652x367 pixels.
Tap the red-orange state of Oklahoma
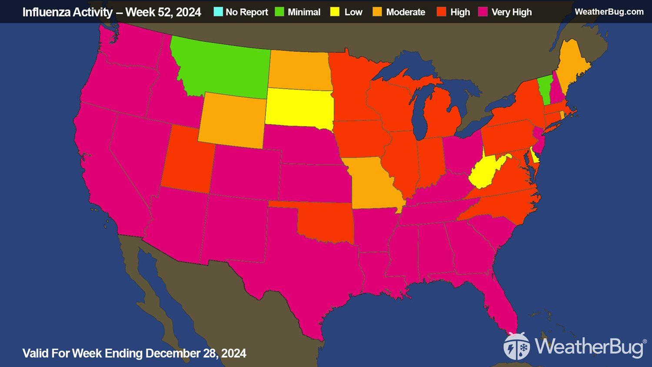(326, 222)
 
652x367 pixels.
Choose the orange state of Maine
(574, 65)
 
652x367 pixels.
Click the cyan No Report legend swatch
(218, 12)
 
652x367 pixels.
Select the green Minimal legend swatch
(280, 12)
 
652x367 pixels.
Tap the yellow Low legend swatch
(335, 12)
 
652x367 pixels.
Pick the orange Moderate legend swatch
(377, 12)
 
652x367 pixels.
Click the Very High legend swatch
(483, 12)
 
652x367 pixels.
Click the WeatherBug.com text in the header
(609, 12)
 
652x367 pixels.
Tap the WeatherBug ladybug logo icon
(516, 347)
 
